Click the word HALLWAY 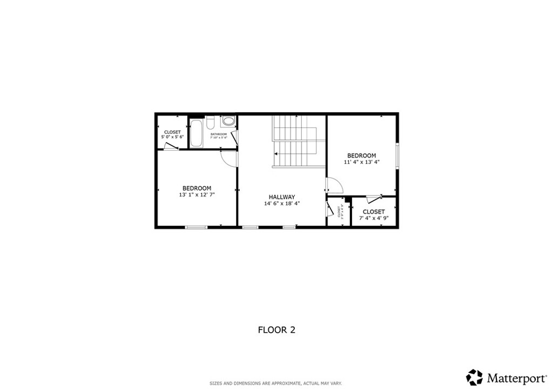[x=282, y=197]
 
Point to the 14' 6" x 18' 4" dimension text [x=282, y=204]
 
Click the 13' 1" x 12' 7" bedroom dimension [x=196, y=195]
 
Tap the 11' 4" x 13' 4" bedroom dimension [x=362, y=162]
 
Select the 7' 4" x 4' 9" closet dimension [x=374, y=218]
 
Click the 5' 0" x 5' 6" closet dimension [x=172, y=137]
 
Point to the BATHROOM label [x=219, y=134]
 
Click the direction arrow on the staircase [x=276, y=154]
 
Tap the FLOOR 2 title [x=276, y=329]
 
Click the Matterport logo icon [x=474, y=376]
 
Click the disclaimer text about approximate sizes [x=276, y=383]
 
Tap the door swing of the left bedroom [x=229, y=157]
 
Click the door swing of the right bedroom [x=334, y=186]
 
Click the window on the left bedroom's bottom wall [x=197, y=227]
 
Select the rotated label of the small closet [x=340, y=212]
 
